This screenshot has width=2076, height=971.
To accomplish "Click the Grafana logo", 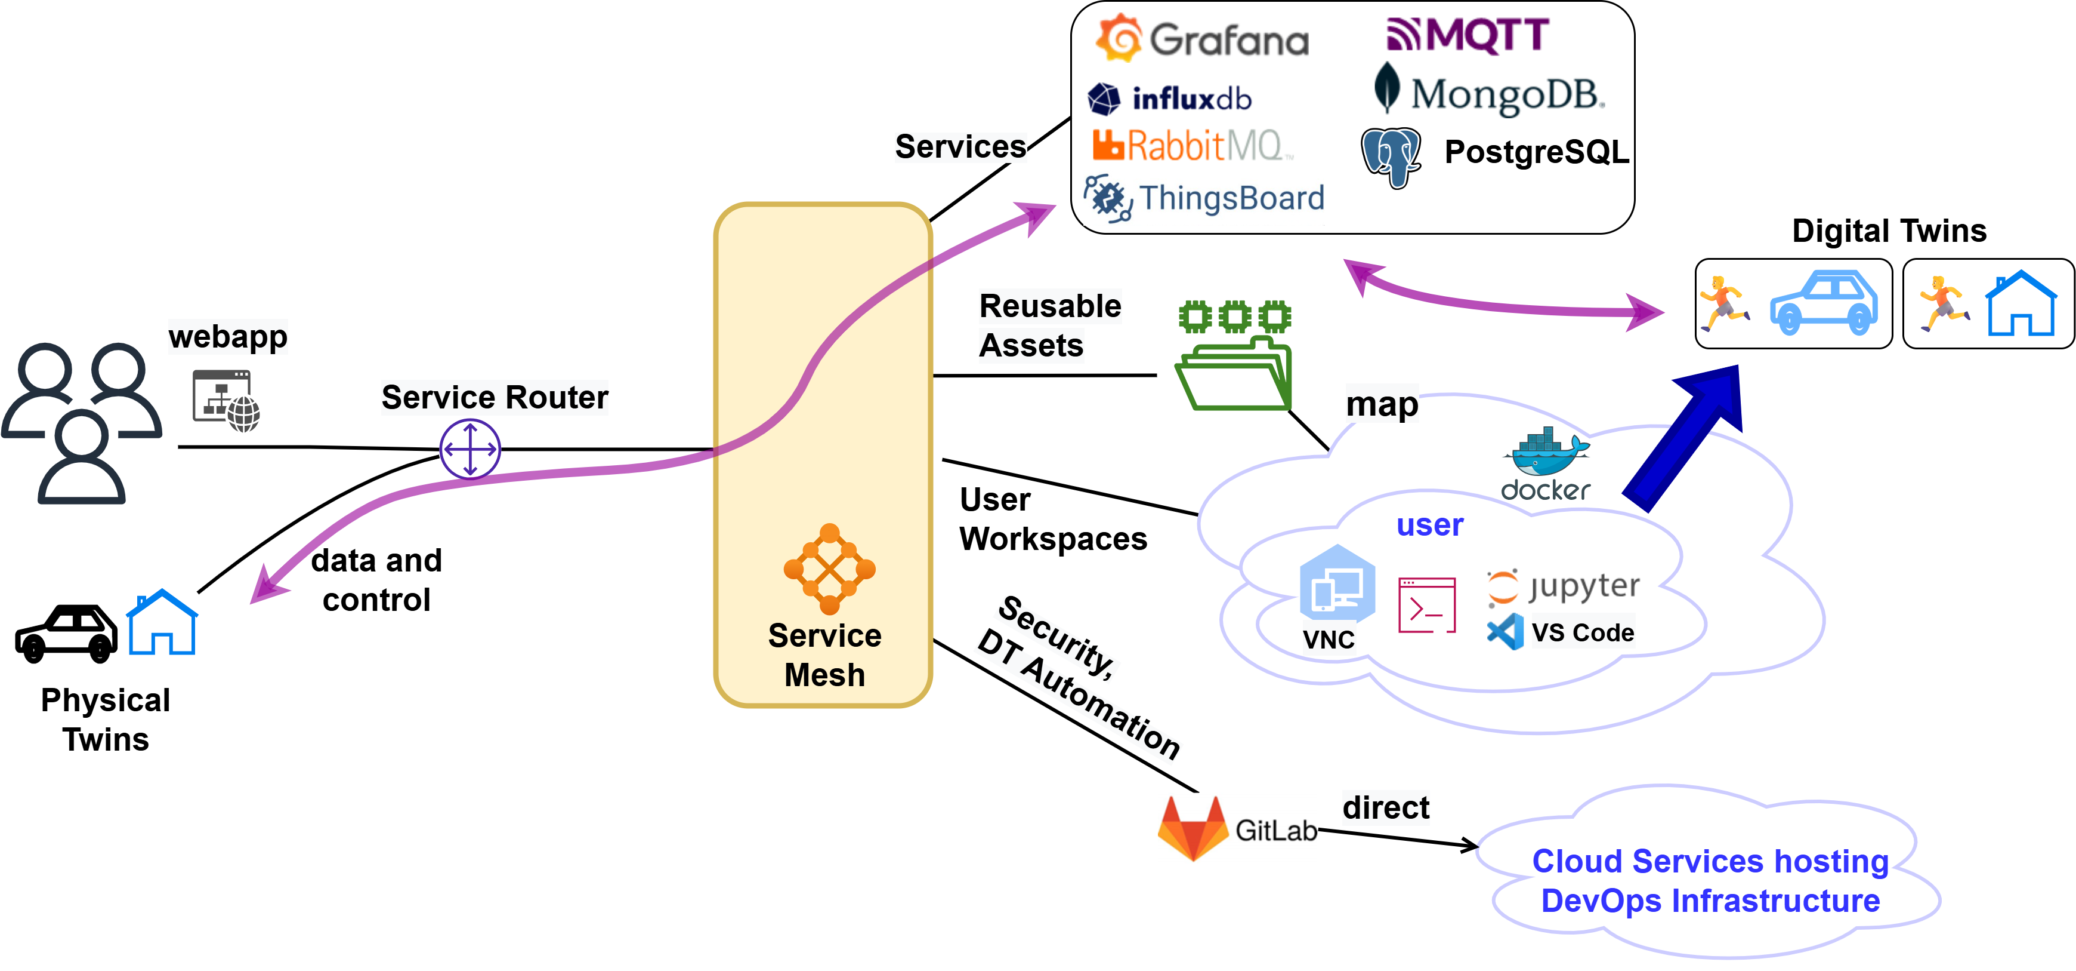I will click(1201, 38).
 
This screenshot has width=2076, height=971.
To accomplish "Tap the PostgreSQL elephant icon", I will click(1391, 156).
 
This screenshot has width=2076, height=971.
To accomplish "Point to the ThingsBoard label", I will click(1231, 198).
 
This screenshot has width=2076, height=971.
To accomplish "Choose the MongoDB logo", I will click(1490, 92).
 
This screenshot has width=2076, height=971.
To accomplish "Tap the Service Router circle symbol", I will click(470, 449).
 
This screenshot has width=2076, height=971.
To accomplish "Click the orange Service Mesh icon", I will click(829, 569).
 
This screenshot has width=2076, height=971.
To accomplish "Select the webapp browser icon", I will click(225, 401).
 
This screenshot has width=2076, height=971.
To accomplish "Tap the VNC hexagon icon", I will click(1337, 584).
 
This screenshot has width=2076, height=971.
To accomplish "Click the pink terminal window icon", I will click(1426, 605).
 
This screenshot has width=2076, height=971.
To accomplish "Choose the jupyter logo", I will click(1562, 586).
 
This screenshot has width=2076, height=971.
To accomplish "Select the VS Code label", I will click(1582, 632).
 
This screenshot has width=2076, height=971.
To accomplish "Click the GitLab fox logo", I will click(1192, 828).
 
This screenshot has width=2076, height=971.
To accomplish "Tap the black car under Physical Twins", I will click(66, 633).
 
